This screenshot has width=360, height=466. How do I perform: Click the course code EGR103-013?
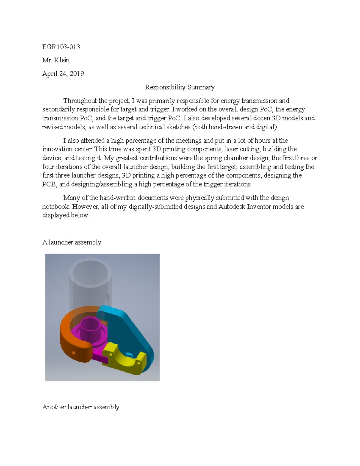[x=61, y=47]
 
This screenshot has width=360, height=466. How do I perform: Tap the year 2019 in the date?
[x=77, y=74]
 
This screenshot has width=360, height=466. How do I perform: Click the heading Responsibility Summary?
[x=180, y=87]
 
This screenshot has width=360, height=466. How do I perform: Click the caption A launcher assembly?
[x=72, y=242]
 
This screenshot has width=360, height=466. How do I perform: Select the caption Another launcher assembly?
[x=81, y=407]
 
